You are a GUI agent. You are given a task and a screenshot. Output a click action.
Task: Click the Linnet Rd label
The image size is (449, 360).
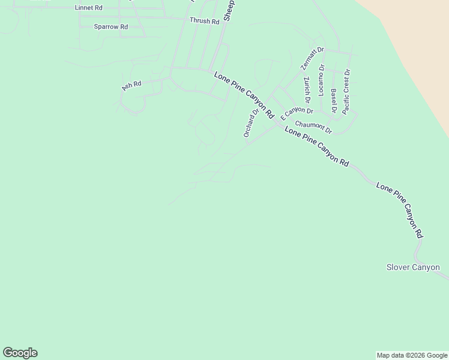coord(88,8)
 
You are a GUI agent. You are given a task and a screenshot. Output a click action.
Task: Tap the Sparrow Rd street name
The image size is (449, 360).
coord(111,27)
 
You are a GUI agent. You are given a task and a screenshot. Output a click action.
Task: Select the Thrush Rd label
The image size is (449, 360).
coord(204,21)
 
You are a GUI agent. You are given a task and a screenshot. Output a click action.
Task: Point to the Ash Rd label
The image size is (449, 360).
coord(131,85)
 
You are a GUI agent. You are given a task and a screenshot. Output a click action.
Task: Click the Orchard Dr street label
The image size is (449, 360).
coord(251,122)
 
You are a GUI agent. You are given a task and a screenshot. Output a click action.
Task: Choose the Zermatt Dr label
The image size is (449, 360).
coord(312,59)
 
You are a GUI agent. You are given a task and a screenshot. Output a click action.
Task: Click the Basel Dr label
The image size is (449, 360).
coord(334,100)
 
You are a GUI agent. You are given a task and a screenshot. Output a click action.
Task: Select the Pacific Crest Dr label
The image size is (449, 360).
coord(346,92)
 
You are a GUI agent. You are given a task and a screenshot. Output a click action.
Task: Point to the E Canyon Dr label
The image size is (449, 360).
coord(297,113)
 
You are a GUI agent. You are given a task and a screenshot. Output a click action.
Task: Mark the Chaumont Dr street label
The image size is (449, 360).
coord(313,126)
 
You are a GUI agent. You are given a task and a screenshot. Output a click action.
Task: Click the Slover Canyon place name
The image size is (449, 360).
coord(413,267)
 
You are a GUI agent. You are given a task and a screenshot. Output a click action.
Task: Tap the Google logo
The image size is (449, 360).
coord(20,353)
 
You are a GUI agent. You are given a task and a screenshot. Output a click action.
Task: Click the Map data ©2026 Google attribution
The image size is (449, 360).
coord(412,355)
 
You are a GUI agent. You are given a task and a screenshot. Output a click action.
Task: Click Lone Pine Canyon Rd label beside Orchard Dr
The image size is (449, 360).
coord(244,95)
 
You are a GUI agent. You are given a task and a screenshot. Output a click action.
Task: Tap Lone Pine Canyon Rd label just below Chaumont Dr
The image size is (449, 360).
coord(316,146)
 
